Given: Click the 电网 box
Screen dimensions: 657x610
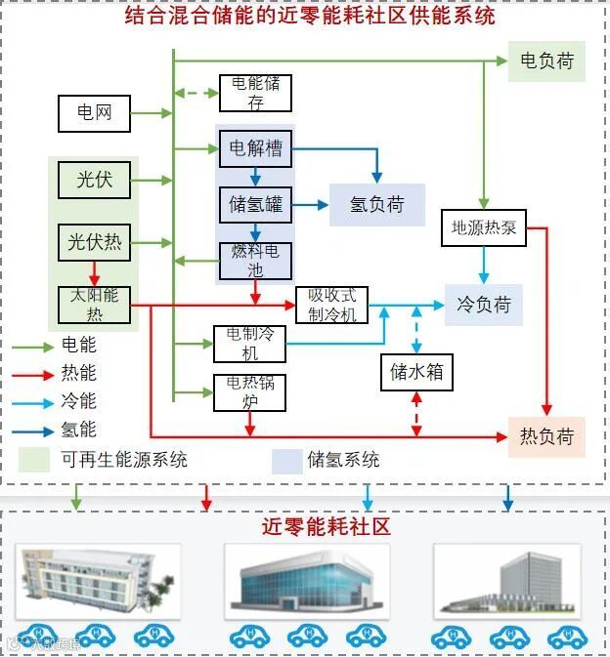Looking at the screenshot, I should (x=94, y=113).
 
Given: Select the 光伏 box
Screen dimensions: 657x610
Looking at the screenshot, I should (x=94, y=180).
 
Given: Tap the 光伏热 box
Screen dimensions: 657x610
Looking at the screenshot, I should (x=94, y=242).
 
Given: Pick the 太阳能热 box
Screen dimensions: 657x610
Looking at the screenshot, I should (x=94, y=304).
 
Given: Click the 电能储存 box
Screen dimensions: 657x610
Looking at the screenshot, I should (x=255, y=93).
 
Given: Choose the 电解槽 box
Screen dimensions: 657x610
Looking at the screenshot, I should (x=255, y=148).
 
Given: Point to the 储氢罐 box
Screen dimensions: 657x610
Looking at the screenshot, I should (x=255, y=205).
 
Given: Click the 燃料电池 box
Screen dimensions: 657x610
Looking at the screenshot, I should (x=255, y=260).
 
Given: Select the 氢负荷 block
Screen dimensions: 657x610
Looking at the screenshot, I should (x=377, y=205).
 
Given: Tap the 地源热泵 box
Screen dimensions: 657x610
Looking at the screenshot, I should (x=484, y=229).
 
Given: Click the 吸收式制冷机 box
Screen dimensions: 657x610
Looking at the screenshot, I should (x=331, y=305).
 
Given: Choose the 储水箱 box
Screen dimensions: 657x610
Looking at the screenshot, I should (x=417, y=371).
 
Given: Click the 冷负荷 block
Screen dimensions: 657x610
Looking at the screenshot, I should (x=484, y=305).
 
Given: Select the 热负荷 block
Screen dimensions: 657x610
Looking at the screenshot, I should (x=545, y=435).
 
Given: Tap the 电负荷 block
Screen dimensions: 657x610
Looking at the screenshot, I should (x=546, y=61).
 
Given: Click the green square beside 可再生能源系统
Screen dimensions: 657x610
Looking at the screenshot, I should (x=35, y=459).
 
